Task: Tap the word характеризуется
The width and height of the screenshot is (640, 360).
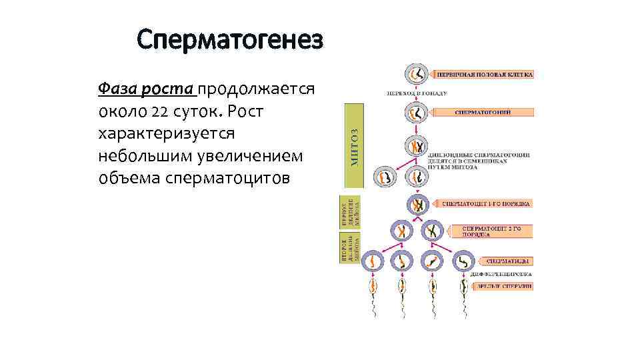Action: coord(166,133)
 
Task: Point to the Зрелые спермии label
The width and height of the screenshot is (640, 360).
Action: coord(503,285)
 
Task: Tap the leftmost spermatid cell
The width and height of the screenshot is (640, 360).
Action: coord(371,261)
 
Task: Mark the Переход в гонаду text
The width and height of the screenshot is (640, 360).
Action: coord(418,93)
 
